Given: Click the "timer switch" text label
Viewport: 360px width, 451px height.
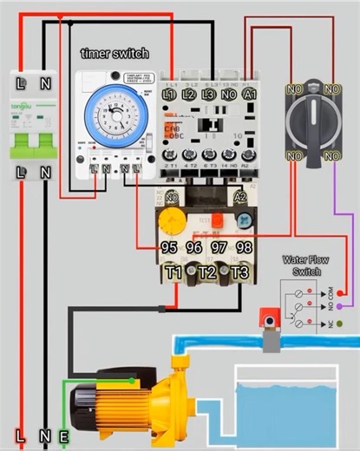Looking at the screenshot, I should (x=115, y=54).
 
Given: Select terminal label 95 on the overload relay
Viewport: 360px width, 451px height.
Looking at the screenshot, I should (x=170, y=247).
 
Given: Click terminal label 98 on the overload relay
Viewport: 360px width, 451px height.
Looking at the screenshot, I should (x=244, y=247).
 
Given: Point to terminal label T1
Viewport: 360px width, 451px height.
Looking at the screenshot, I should (x=174, y=273).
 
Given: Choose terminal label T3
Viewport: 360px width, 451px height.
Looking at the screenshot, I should (x=240, y=273).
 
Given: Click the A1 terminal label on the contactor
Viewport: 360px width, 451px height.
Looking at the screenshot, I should (x=250, y=93).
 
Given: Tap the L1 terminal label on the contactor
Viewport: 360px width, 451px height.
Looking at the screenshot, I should (x=169, y=93).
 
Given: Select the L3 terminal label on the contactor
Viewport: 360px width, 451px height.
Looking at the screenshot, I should (x=208, y=93).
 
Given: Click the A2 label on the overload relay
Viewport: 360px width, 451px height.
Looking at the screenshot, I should (x=241, y=199).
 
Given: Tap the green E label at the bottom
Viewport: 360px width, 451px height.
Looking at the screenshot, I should (x=63, y=436).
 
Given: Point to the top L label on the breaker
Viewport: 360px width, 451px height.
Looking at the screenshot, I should (x=21, y=83).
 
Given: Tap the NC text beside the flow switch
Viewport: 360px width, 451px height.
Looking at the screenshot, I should (x=351, y=323).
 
